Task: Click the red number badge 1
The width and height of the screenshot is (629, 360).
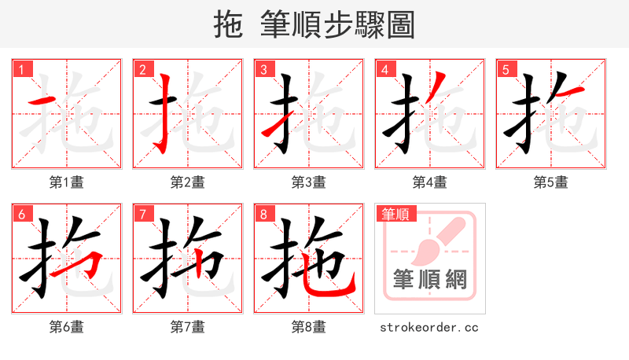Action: coord(21,69)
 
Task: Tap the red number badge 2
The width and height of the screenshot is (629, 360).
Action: coord(142,69)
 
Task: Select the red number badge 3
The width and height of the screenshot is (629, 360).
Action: coord(263,69)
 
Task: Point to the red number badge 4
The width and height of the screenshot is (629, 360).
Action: coord(384,69)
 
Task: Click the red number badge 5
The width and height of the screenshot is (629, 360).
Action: coord(506,69)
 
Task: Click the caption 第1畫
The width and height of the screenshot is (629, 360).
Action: coord(67,182)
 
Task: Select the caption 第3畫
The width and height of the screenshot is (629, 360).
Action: coord(309,182)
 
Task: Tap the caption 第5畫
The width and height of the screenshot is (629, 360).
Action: coord(551,182)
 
